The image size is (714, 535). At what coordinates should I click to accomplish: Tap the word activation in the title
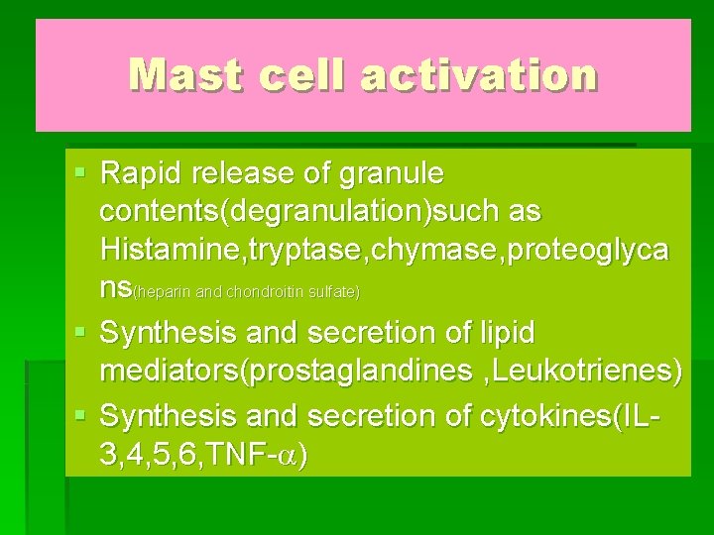pyautogui.click(x=479, y=74)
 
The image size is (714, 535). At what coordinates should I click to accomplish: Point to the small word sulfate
pyautogui.click(x=336, y=292)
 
